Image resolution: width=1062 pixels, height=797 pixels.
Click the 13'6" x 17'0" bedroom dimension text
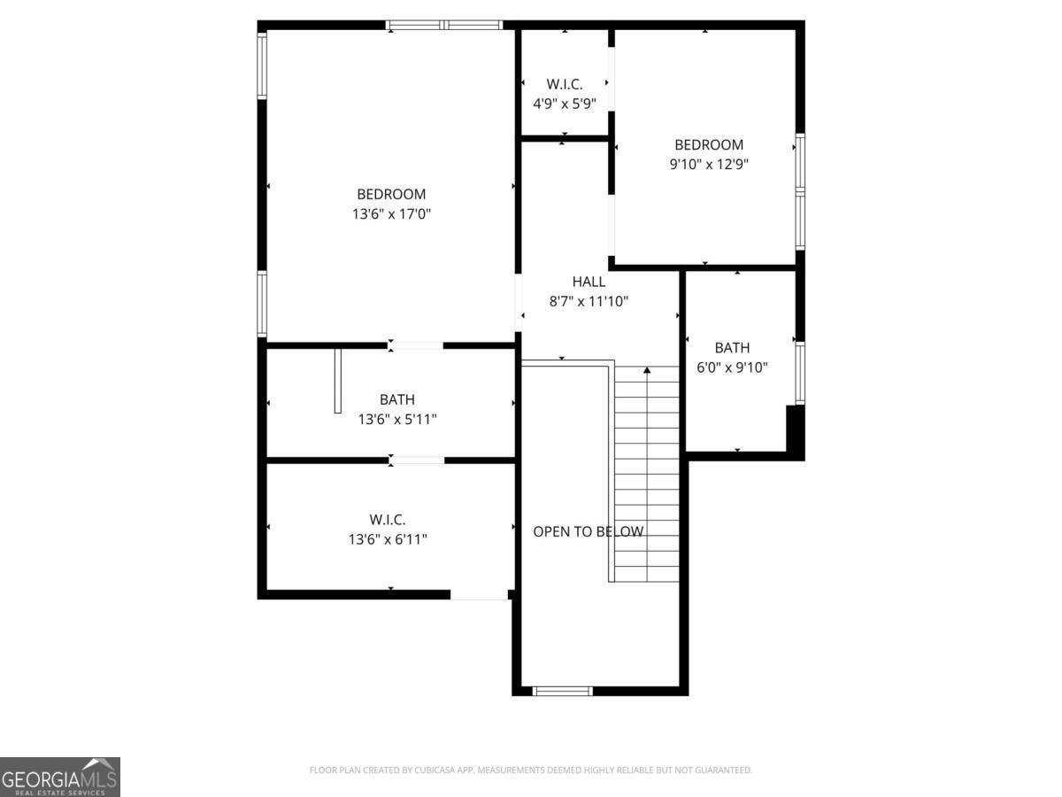[391, 213]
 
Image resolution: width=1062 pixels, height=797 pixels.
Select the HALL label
[589, 282]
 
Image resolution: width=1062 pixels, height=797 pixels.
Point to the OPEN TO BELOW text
[588, 531]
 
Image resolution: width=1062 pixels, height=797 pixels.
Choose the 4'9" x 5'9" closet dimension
[564, 103]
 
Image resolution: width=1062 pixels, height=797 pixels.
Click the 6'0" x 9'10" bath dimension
[732, 367]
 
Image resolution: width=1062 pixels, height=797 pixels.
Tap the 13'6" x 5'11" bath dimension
[396, 419]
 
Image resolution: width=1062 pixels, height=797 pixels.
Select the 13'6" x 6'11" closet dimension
[388, 538]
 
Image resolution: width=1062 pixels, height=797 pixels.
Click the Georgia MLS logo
[60, 777]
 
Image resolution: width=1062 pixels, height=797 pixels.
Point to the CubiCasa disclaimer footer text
[530, 770]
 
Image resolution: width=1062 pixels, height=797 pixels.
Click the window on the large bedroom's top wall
[444, 25]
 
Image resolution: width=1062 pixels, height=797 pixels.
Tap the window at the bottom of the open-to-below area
[562, 690]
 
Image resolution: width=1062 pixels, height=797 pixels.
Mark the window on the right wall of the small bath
[799, 373]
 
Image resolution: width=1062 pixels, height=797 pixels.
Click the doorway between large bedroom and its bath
[416, 344]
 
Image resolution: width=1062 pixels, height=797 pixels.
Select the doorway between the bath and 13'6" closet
[417, 460]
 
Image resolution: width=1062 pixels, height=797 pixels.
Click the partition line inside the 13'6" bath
[337, 381]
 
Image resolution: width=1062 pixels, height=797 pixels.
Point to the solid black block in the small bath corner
[794, 430]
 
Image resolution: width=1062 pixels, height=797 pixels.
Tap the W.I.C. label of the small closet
[564, 84]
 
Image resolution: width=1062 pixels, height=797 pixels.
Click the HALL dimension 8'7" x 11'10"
[589, 301]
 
